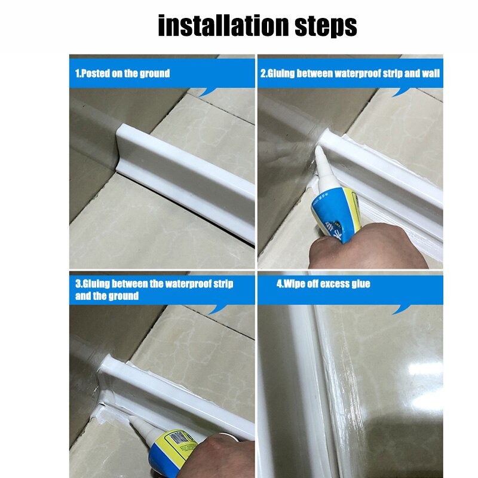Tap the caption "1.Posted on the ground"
122,73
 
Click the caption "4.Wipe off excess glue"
323,284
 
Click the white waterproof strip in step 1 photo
191,179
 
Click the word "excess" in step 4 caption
328,284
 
